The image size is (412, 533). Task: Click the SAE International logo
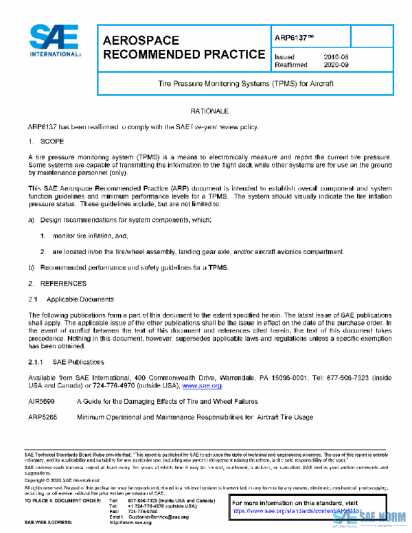coord(56,43)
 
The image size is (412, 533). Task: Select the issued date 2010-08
coord(336,57)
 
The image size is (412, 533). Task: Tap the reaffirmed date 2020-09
coord(336,65)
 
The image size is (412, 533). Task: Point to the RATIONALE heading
coord(205,111)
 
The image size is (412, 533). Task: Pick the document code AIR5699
coord(42,402)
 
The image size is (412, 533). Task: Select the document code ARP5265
coord(42,417)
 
